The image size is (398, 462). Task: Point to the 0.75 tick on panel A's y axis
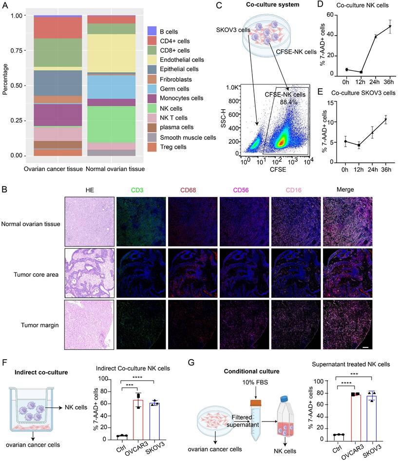tap(17, 50)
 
